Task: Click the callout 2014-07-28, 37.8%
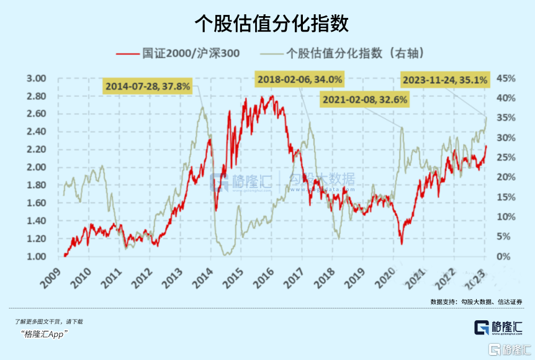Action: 147,86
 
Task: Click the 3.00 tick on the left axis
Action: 37,79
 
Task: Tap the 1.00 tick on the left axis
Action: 37,257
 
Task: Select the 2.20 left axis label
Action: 37,150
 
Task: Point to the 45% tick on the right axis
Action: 505,79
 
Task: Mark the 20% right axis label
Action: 505,178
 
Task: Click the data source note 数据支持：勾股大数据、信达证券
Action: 476,302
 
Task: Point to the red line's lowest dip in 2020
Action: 402,243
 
